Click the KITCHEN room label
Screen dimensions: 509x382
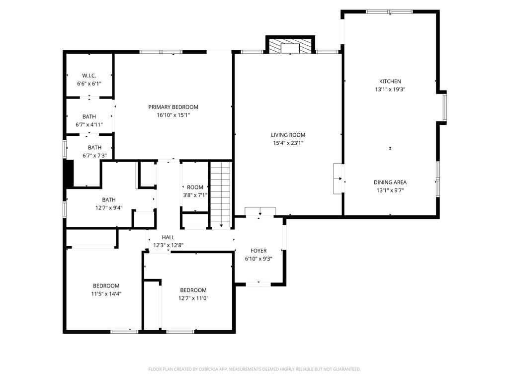coord(390,81)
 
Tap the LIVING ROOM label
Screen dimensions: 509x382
coord(288,135)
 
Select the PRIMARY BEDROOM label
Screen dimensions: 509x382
coord(173,107)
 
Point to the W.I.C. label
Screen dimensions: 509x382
coord(89,76)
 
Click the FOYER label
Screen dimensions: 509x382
coord(258,251)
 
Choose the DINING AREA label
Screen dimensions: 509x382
coord(390,182)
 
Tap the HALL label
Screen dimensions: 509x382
coord(168,237)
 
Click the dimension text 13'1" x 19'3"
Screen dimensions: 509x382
coord(390,90)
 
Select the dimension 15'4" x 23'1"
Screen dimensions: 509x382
coord(288,143)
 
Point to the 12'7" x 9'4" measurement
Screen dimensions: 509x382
coord(109,208)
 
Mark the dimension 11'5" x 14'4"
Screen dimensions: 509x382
coord(106,294)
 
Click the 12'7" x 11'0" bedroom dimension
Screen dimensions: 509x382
coord(193,298)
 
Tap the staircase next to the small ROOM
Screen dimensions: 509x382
coord(221,194)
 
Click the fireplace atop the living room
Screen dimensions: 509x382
coord(290,46)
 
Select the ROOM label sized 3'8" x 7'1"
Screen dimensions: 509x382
coord(195,188)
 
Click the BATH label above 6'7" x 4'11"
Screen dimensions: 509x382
coord(89,116)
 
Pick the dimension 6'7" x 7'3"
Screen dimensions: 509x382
coord(94,156)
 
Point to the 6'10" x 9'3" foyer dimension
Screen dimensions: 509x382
coord(258,259)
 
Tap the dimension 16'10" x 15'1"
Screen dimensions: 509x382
coord(173,115)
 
